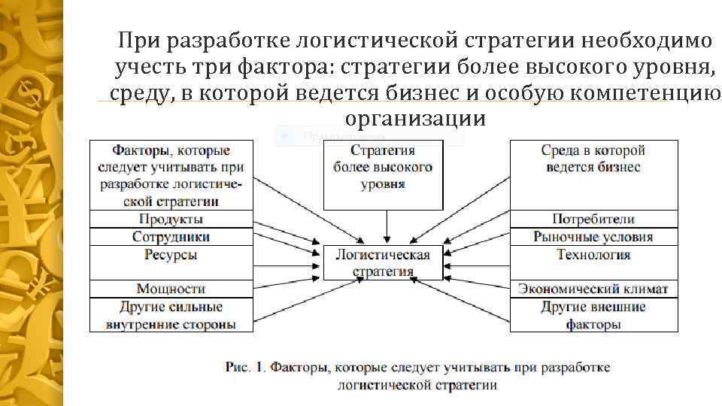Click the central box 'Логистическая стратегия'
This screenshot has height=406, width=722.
coord(383,262)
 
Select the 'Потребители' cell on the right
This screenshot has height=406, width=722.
coord(593,219)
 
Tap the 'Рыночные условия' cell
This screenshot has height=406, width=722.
coord(593,237)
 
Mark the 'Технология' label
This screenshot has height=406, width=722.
coord(593,256)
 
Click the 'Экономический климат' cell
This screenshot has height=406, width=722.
coord(593,289)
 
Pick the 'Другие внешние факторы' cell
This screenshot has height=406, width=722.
coord(593,316)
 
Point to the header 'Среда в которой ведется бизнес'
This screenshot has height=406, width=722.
coord(593,159)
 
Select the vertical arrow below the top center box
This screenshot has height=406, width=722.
coord(387,226)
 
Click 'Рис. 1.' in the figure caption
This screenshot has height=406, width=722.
coord(245,368)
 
